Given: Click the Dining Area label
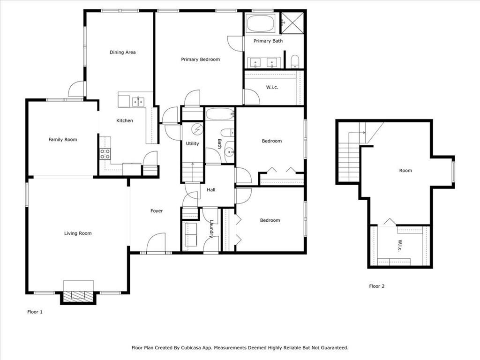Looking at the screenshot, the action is (x=122, y=52).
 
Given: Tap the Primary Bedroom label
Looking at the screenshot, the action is (x=200, y=60).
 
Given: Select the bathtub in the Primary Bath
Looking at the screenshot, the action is (x=261, y=23).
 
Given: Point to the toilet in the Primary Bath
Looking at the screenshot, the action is (x=294, y=61).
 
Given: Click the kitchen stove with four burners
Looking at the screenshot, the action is (x=105, y=154).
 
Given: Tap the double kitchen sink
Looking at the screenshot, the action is (x=138, y=102).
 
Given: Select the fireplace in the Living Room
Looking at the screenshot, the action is (x=78, y=292).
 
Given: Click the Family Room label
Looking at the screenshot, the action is (x=63, y=140).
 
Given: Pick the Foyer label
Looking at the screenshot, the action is (x=157, y=211).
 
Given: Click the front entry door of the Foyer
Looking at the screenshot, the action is (x=156, y=244).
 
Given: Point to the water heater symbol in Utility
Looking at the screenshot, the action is (x=197, y=129).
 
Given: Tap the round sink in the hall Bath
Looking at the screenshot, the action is (x=229, y=151).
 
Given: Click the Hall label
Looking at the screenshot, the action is (x=211, y=190).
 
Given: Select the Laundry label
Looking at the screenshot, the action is (x=211, y=229).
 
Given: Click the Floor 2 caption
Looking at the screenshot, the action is (x=376, y=286).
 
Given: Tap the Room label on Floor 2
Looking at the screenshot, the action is (x=405, y=171).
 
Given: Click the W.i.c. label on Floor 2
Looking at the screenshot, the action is (x=400, y=246).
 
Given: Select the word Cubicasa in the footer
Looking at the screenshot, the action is (x=192, y=348).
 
